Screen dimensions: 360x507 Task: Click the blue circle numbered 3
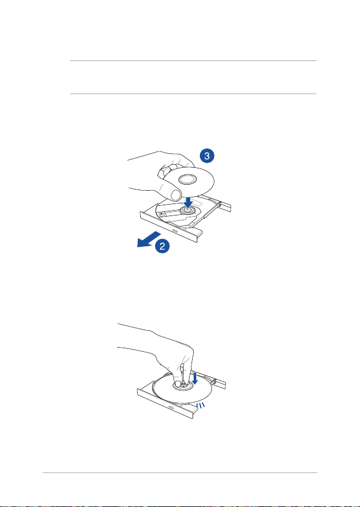[207, 156]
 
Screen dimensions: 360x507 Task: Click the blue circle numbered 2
[162, 246]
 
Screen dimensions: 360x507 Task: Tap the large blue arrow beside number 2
[148, 239]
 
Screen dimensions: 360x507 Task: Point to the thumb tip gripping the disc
[176, 195]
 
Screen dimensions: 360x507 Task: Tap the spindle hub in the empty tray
[187, 210]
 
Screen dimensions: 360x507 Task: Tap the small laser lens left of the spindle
[161, 214]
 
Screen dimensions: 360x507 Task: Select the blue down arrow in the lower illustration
[194, 378]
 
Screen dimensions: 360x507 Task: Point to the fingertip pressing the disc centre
[178, 384]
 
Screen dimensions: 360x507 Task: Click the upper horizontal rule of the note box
[193, 60]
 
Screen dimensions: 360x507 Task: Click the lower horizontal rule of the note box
[193, 94]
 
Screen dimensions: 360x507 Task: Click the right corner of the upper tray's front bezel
[203, 234]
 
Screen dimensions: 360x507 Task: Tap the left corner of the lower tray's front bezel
[138, 390]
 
